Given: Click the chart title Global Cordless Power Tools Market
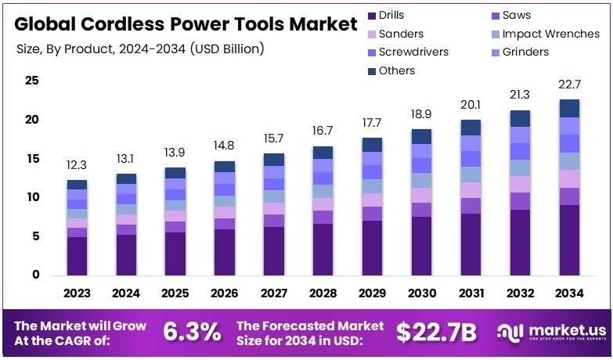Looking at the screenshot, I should pyautogui.click(x=185, y=24).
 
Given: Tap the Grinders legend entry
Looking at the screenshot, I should pyautogui.click(x=525, y=52).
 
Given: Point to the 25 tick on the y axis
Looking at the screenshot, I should pyautogui.click(x=31, y=81).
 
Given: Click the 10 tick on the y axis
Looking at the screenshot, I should pyautogui.click(x=31, y=197).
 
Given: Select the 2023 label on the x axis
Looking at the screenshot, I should pyautogui.click(x=77, y=294).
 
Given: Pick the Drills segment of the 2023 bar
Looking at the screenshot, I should pyautogui.click(x=77, y=256).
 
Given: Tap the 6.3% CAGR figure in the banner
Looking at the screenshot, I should pyautogui.click(x=192, y=332).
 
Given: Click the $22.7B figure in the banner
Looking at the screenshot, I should pyautogui.click(x=436, y=332).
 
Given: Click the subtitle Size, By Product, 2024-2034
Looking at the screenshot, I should pyautogui.click(x=140, y=49).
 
